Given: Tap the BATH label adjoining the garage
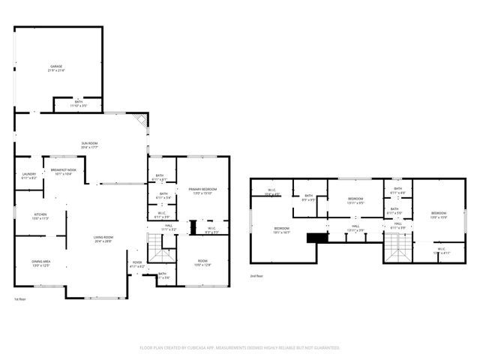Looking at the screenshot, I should [x=79, y=103].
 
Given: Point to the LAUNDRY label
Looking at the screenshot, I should [x=29, y=175].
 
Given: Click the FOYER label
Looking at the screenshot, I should [x=137, y=263].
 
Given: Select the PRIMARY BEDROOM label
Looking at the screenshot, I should [x=202, y=190].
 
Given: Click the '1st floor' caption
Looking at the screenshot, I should [x=20, y=299].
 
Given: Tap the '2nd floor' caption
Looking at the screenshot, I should [x=257, y=276].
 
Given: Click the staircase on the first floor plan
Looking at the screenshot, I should [x=155, y=248].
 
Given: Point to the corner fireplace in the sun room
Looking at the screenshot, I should [x=139, y=119].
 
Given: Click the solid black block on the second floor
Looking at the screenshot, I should [x=318, y=238].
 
